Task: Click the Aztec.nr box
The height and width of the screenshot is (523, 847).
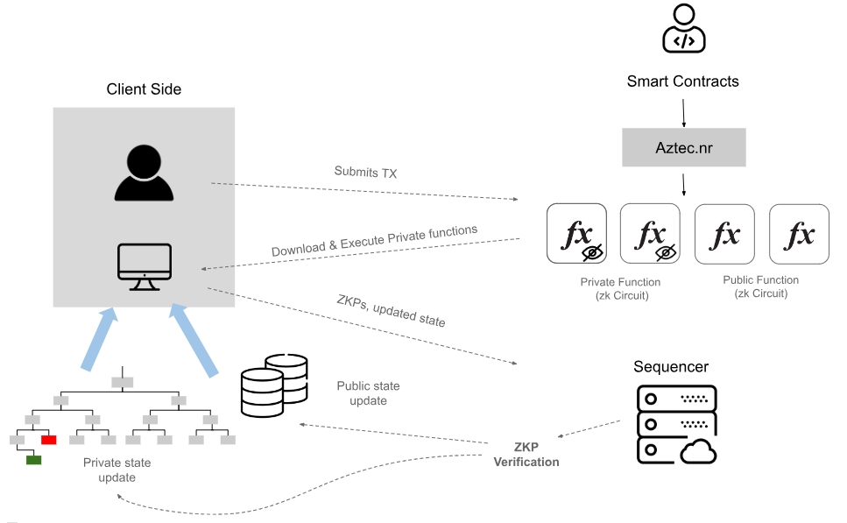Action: (683, 147)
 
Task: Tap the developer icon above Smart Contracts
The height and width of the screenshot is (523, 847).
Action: (683, 30)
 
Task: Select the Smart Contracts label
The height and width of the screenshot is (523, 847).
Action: (683, 81)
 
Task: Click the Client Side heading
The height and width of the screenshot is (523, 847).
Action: (144, 89)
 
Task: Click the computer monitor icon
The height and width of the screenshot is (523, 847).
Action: (145, 266)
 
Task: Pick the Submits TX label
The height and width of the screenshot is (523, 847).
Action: (365, 173)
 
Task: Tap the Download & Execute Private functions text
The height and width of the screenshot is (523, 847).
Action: (374, 242)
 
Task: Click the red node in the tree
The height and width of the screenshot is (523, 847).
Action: (49, 439)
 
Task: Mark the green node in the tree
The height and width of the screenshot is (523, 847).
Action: (33, 459)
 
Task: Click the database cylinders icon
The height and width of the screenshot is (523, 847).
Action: (274, 385)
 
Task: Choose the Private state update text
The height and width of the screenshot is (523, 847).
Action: (116, 470)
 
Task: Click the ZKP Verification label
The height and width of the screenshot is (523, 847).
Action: (526, 456)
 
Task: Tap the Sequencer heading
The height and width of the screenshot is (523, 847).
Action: (670, 366)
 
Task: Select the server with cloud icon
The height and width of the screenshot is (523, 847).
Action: (675, 425)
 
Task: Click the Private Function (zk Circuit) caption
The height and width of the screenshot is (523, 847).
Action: (620, 288)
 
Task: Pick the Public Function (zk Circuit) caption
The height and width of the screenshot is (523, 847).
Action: (760, 286)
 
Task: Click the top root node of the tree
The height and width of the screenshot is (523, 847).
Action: (122, 381)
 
